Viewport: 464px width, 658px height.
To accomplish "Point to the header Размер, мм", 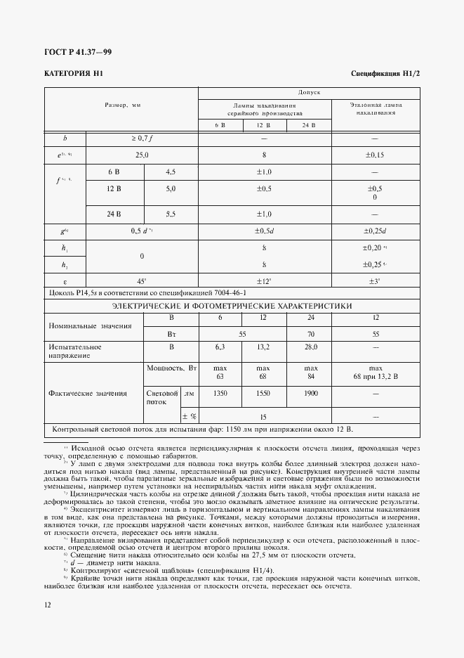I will [122, 105].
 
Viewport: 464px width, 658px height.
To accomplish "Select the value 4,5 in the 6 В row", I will [171, 171].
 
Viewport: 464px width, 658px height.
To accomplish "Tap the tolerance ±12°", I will [265, 280].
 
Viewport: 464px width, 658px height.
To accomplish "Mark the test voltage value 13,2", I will [264, 347].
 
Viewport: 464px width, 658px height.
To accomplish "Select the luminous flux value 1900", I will [310, 394].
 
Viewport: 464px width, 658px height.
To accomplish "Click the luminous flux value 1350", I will [220, 394].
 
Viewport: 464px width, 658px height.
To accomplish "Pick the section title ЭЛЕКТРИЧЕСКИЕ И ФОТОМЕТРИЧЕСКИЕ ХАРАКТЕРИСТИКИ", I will [232, 306].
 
